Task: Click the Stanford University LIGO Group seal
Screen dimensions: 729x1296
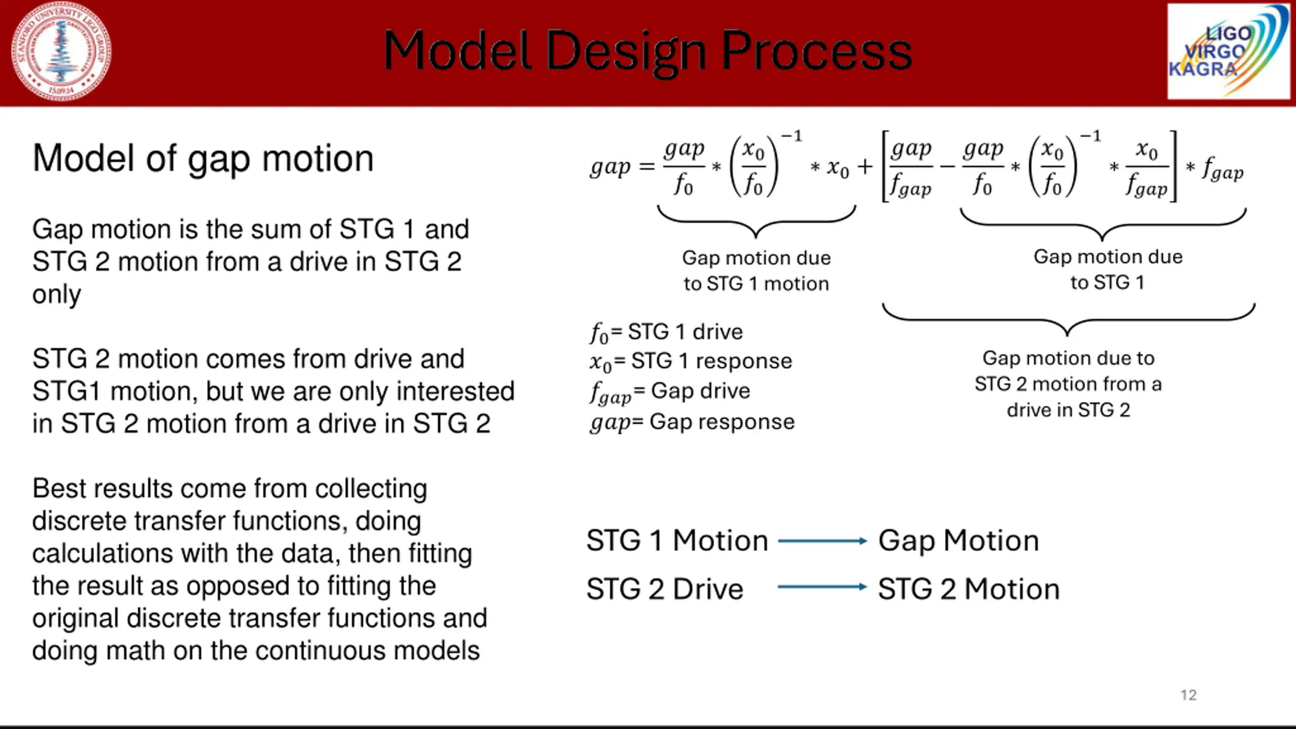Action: pos(61,52)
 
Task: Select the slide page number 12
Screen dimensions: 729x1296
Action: pos(1188,695)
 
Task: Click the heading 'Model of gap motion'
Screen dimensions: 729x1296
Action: pos(203,158)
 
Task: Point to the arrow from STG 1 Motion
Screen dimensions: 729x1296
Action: pos(822,541)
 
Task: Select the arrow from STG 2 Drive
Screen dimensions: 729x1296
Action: pos(822,587)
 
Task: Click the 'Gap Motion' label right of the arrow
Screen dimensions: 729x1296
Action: pos(958,541)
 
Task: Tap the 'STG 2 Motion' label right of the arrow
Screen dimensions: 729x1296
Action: pos(968,589)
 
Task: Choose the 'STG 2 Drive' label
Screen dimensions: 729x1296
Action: pos(665,589)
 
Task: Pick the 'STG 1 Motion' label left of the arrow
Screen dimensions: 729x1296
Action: pos(677,541)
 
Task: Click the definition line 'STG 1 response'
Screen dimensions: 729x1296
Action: pos(691,361)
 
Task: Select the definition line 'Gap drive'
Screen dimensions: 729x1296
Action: pos(670,392)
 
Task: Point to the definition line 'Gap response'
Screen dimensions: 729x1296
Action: pos(692,422)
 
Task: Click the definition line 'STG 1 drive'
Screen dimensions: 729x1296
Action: pos(666,333)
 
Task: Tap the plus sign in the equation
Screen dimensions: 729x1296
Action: pos(865,167)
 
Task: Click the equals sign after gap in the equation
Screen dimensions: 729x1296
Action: pos(646,167)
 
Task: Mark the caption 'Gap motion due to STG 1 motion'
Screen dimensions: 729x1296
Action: pos(756,271)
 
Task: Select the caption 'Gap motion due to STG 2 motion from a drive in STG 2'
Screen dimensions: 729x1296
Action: pos(1068,384)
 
